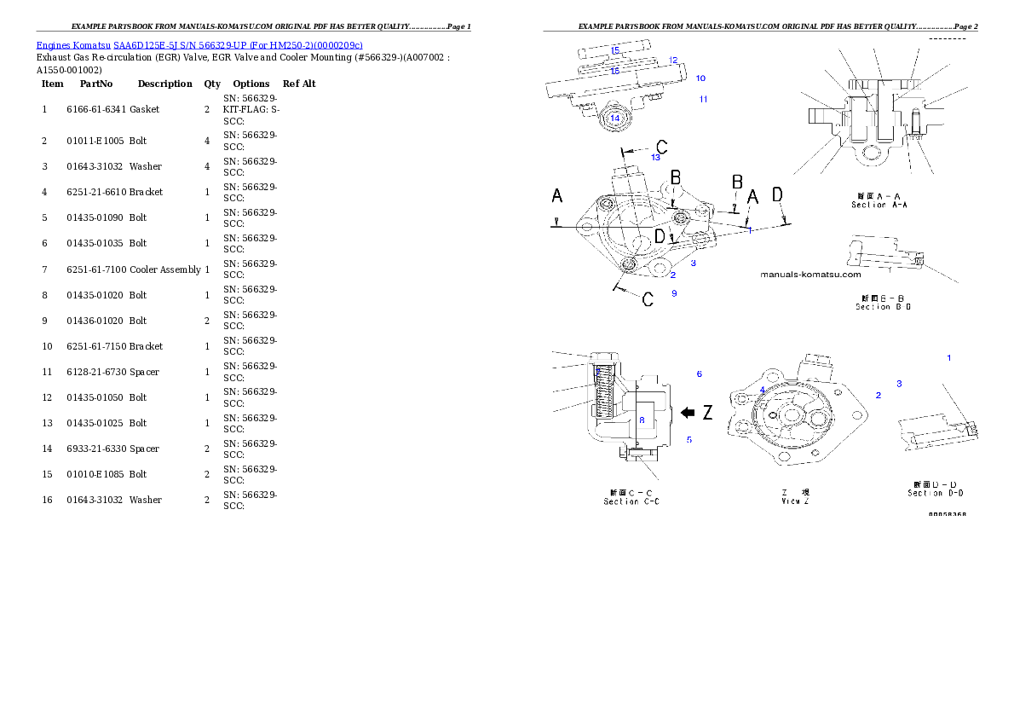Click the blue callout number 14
pyautogui.click(x=614, y=118)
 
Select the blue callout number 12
pyautogui.click(x=673, y=61)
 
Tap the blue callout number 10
pyautogui.click(x=700, y=78)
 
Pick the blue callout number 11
pyautogui.click(x=703, y=100)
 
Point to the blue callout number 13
pyautogui.click(x=655, y=158)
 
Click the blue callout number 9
pyautogui.click(x=674, y=293)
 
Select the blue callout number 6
pyautogui.click(x=699, y=374)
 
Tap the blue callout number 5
pyautogui.click(x=689, y=440)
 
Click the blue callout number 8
pyautogui.click(x=642, y=420)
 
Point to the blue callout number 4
pyautogui.click(x=762, y=390)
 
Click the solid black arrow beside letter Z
pyautogui.click(x=688, y=413)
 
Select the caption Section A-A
pyautogui.click(x=880, y=200)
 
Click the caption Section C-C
pyautogui.click(x=631, y=497)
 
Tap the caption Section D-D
pyautogui.click(x=936, y=489)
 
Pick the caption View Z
pyautogui.click(x=795, y=497)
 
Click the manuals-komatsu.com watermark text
pyautogui.click(x=809, y=275)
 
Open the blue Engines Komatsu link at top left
pyautogui.click(x=199, y=45)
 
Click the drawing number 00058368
pyautogui.click(x=947, y=514)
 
